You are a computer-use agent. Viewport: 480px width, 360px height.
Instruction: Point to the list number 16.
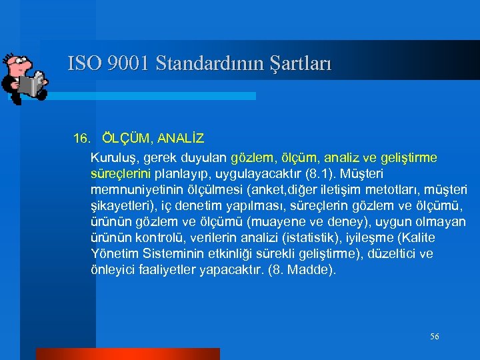click(x=81, y=139)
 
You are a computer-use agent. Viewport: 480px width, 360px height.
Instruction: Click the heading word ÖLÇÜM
click(x=127, y=139)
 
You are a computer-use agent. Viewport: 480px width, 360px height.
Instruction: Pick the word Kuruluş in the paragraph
click(x=111, y=158)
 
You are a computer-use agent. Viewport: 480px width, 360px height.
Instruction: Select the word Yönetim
click(x=111, y=254)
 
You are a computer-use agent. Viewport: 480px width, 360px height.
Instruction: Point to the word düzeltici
click(x=391, y=254)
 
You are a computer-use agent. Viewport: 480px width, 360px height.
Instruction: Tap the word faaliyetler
click(x=166, y=270)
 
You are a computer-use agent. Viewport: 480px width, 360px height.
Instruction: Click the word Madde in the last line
click(x=314, y=270)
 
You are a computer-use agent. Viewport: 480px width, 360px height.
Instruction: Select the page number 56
click(x=435, y=337)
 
